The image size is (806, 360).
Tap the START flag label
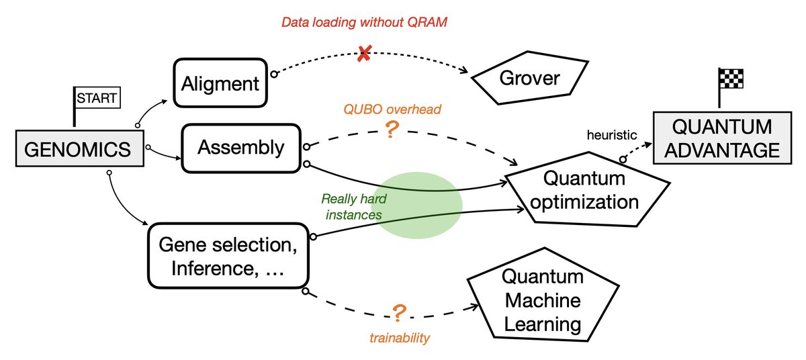[95, 99]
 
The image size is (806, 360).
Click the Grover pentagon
[529, 79]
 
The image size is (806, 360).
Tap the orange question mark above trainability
[399, 312]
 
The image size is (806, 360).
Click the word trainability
[399, 338]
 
